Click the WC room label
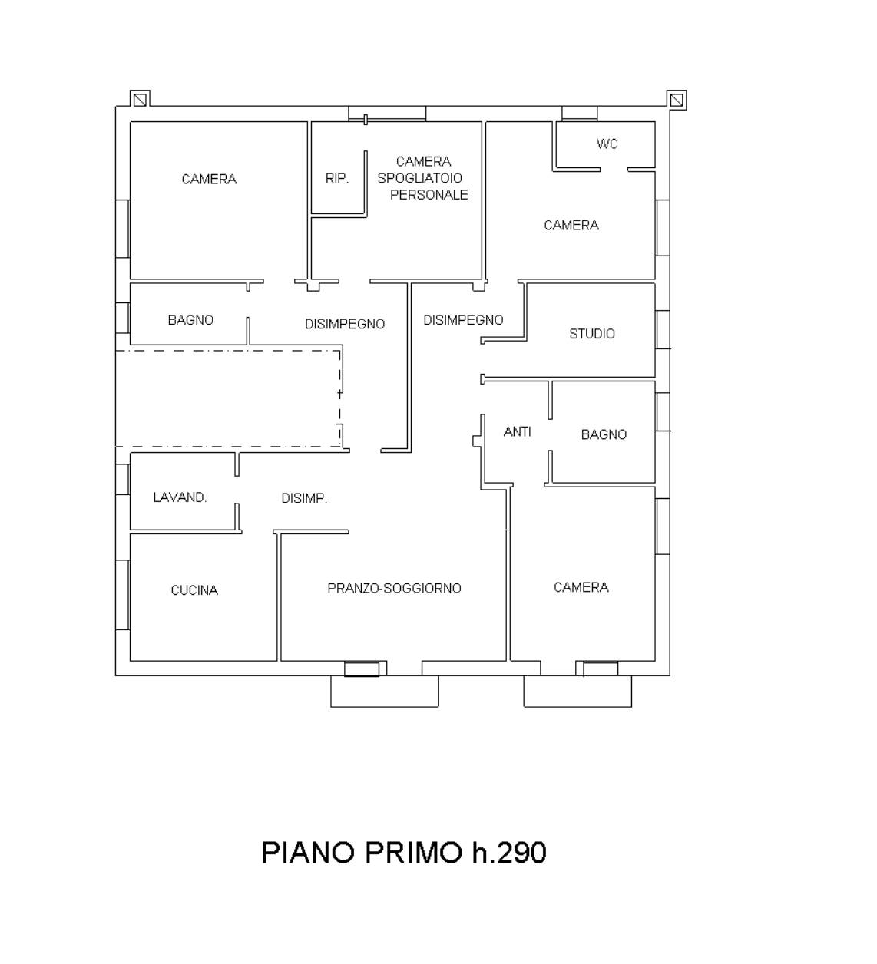tap(607, 144)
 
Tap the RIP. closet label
tap(336, 179)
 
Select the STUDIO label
tap(592, 334)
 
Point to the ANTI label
tap(518, 431)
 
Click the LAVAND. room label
tap(180, 497)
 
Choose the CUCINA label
tap(194, 590)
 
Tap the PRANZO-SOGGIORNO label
tap(394, 588)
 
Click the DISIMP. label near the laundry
tap(304, 498)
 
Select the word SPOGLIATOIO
tap(420, 178)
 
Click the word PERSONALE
tap(429, 195)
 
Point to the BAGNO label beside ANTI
tap(604, 434)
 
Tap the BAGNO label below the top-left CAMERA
tap(190, 320)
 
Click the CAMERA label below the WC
tap(571, 225)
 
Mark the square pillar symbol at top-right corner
tap(677, 100)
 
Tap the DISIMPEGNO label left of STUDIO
tap(463, 320)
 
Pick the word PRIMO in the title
tap(412, 853)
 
